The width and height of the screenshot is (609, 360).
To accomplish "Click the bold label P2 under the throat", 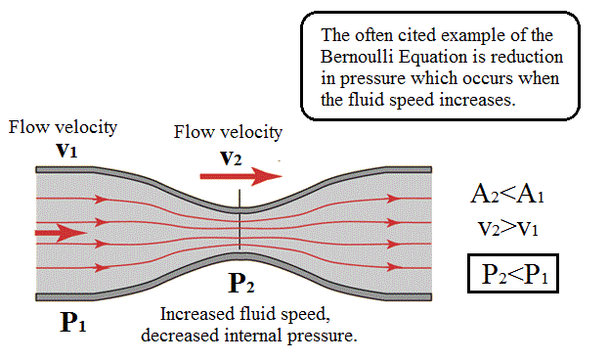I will coord(242,285).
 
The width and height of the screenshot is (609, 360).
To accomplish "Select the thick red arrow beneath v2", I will coord(240,177).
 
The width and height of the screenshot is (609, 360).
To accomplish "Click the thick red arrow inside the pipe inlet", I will coord(57,233).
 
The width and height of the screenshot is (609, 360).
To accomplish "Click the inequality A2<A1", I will coord(506,195).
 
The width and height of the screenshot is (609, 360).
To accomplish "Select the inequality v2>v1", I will coord(506,231).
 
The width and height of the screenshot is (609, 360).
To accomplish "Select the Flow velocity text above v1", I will coord(63,127).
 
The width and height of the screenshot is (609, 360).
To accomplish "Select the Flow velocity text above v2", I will coord(228,132).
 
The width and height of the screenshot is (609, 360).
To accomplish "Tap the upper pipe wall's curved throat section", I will coord(240,206).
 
